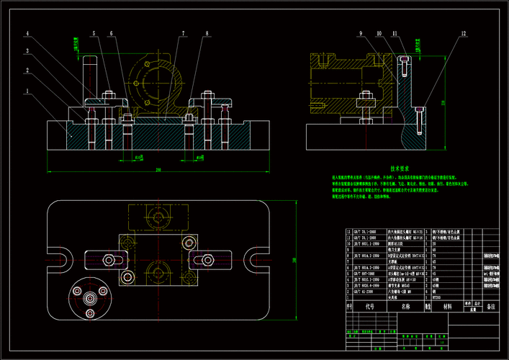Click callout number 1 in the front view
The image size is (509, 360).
[27, 91]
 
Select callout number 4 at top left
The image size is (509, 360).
[27, 34]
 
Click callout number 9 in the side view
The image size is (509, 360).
[360, 34]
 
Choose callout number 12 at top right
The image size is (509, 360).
[464, 34]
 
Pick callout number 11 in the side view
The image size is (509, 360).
[395, 34]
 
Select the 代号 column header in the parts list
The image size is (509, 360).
[369, 305]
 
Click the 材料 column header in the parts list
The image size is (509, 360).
[448, 305]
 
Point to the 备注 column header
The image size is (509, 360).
[491, 305]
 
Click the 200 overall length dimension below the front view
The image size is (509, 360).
[157, 170]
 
